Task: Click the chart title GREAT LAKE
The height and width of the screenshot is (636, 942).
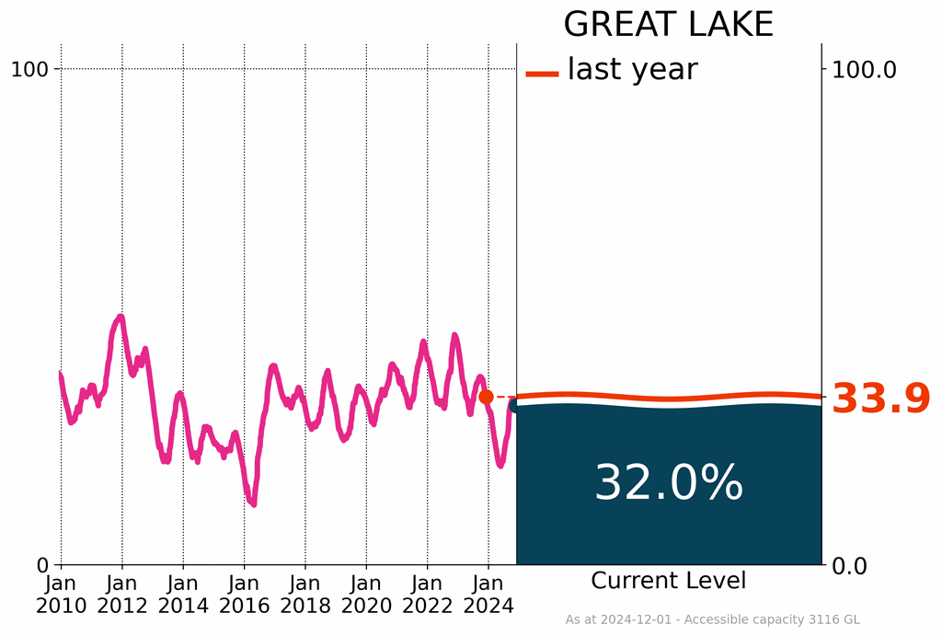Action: pyautogui.click(x=668, y=25)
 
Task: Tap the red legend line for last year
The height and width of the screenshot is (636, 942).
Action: pyautogui.click(x=542, y=74)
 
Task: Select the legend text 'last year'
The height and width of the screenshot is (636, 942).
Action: pyautogui.click(x=632, y=69)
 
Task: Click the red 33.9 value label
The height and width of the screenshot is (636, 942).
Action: pyautogui.click(x=880, y=399)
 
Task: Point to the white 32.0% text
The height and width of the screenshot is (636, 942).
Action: pyautogui.click(x=668, y=483)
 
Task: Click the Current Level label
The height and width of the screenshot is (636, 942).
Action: pyautogui.click(x=668, y=581)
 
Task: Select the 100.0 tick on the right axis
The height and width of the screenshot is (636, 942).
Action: pyautogui.click(x=864, y=69)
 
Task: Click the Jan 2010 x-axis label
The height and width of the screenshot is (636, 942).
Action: pyautogui.click(x=61, y=594)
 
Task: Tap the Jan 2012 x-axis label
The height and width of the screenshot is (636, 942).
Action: pyautogui.click(x=121, y=594)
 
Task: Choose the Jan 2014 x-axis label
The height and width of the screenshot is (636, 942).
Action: pyautogui.click(x=183, y=594)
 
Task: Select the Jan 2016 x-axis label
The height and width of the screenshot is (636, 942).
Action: pyautogui.click(x=244, y=594)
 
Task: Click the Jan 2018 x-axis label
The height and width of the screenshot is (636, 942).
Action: pyautogui.click(x=304, y=594)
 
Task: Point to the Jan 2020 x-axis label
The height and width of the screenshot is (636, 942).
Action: pyautogui.click(x=366, y=594)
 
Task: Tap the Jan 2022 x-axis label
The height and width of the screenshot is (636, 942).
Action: pyautogui.click(x=427, y=594)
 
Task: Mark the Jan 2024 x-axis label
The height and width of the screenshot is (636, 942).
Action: pyautogui.click(x=488, y=594)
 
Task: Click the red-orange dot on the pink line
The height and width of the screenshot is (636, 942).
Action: pyautogui.click(x=486, y=397)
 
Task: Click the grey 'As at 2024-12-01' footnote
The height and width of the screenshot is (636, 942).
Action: pyautogui.click(x=712, y=620)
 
